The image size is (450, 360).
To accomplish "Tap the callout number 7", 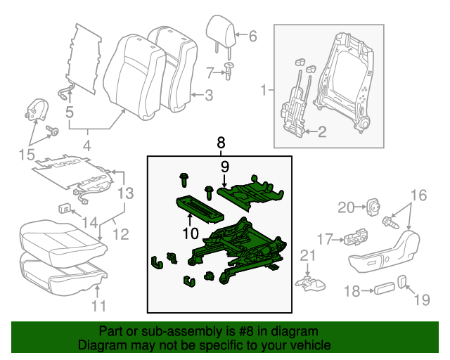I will pyautogui.click(x=210, y=71).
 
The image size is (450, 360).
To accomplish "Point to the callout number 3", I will pyautogui.click(x=208, y=95).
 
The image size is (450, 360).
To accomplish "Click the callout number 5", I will pyautogui.click(x=69, y=111).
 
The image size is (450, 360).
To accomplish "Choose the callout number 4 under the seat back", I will pyautogui.click(x=87, y=147).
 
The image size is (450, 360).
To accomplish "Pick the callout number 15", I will pyautogui.click(x=26, y=154).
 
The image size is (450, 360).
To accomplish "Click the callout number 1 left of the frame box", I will pyautogui.click(x=264, y=90).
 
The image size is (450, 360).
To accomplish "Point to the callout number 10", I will pyautogui.click(x=190, y=233).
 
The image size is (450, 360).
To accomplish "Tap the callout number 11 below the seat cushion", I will pyautogui.click(x=99, y=305).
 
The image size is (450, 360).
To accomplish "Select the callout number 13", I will pyautogui.click(x=125, y=192).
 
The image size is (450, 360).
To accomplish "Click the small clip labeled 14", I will pyautogui.click(x=64, y=208).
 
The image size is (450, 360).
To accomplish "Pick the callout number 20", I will pyautogui.click(x=345, y=207).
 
